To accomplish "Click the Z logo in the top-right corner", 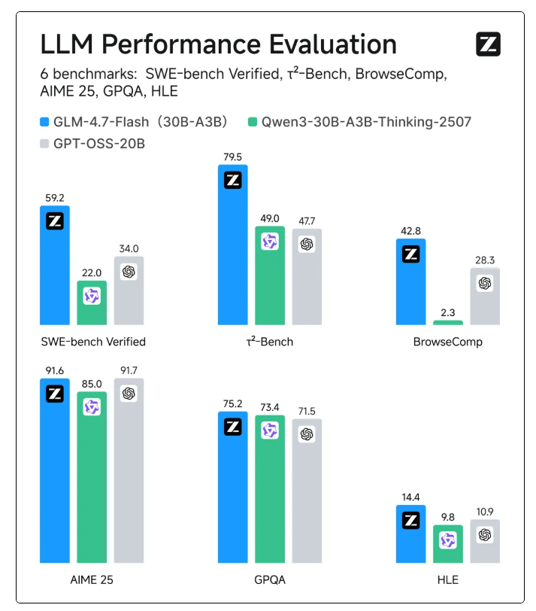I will pyautogui.click(x=488, y=45).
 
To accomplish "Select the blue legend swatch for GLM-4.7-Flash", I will pyautogui.click(x=44, y=121).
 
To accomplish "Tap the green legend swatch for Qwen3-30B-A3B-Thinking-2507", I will pyautogui.click(x=253, y=121).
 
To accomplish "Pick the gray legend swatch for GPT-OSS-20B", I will pyautogui.click(x=44, y=143).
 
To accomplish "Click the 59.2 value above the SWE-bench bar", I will pyautogui.click(x=54, y=198).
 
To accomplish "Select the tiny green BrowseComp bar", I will pyautogui.click(x=448, y=322).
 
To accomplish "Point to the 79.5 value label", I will pyautogui.click(x=232, y=157).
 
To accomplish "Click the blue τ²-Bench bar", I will pyautogui.click(x=232, y=248).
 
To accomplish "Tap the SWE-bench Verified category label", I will pyautogui.click(x=92, y=342).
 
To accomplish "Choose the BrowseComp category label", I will pyautogui.click(x=447, y=342).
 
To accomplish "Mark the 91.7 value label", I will pyautogui.click(x=129, y=370).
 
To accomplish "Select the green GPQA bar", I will pyautogui.click(x=270, y=489).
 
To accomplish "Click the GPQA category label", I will pyautogui.click(x=270, y=580).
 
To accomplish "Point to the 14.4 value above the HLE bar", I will pyautogui.click(x=410, y=497).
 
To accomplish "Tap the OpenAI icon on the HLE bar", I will pyautogui.click(x=485, y=535).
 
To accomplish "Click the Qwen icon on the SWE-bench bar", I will pyautogui.click(x=92, y=296).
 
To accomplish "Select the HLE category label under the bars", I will pyautogui.click(x=447, y=580).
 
